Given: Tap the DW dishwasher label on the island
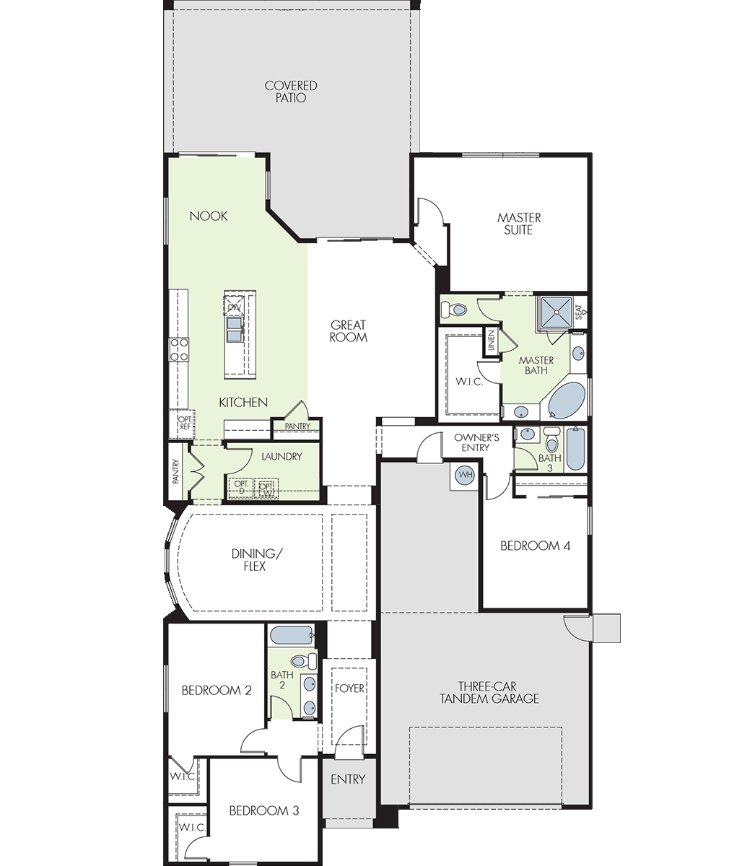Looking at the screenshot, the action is tap(234, 307).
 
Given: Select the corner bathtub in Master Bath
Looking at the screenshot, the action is tap(567, 400).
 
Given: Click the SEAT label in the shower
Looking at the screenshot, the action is tap(579, 312).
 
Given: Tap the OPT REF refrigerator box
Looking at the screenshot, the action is tap(182, 424).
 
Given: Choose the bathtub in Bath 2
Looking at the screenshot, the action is tap(292, 635).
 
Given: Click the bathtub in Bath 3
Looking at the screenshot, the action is tap(575, 449).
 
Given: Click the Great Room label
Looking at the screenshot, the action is tap(349, 331).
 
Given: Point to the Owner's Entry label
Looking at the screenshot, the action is tap(476, 442).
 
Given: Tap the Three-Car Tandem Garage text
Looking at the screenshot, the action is tap(489, 693).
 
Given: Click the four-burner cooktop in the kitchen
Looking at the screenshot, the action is tap(179, 349).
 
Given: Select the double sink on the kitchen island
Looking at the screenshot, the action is tap(235, 329).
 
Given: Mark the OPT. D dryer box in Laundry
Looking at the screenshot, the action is tap(241, 488).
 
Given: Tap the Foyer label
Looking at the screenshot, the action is tap(349, 688).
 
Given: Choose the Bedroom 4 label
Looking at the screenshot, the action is tap(536, 546).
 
